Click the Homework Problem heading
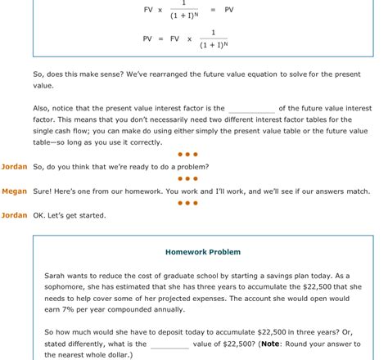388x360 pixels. pos(203,252)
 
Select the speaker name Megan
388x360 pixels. pos(14,191)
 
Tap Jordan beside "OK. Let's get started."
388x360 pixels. pos(14,216)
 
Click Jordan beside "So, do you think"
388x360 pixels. pos(14,167)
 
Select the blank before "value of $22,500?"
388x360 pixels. pos(169,344)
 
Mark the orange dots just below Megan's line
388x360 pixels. pos(187,203)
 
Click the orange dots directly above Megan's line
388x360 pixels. pos(187,178)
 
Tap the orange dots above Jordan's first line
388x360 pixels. pos(187,154)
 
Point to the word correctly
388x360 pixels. pos(145,142)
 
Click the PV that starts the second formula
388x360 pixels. pos(147,38)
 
